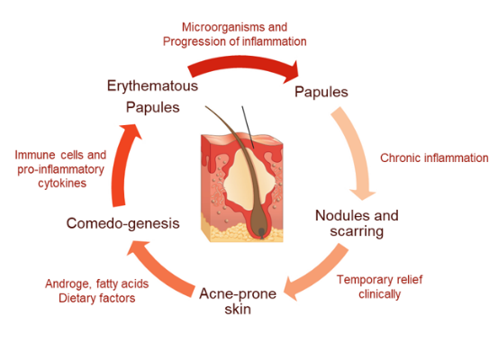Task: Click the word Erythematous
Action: coord(152,86)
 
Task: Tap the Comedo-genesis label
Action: coord(122,223)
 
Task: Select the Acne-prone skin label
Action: coord(238,301)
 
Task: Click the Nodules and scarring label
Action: coord(357,223)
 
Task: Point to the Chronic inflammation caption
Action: coord(434,157)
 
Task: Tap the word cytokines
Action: coord(62,184)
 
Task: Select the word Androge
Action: coord(68,283)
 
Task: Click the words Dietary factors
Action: coord(97,298)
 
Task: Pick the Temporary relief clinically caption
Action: coord(379,287)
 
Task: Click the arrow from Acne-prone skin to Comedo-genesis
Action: coord(158,270)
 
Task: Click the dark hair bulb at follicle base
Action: coord(261,233)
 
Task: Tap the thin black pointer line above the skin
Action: coord(248,127)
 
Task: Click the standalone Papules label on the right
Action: coord(321,93)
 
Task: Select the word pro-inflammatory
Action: coord(60,169)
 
